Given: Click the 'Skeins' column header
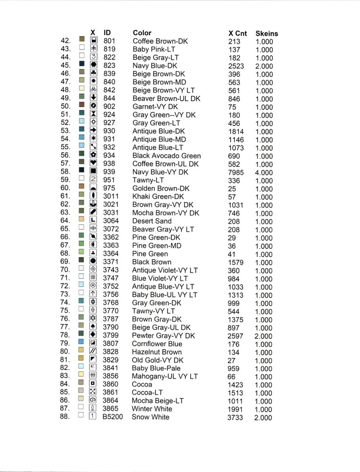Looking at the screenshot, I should point(267,34).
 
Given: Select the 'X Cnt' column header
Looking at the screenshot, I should point(237,34).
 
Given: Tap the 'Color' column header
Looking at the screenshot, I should point(142,33).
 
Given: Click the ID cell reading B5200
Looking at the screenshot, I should point(113,417).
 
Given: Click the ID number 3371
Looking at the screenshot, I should point(111,262).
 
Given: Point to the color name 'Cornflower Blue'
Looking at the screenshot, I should point(157,344).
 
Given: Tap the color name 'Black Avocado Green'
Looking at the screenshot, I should point(167,156).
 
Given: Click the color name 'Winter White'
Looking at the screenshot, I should point(152,409).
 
